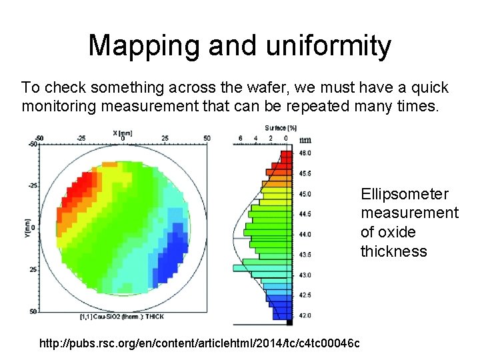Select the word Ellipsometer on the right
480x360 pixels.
tap(405, 194)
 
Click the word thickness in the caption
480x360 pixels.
tap(393, 251)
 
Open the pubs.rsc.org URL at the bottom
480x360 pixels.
tap(200, 343)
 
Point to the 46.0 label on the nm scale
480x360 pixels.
tap(304, 153)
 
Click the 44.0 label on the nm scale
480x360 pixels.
tap(304, 235)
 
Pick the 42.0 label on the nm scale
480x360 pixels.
tap(304, 315)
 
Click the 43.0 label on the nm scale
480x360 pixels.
tap(304, 275)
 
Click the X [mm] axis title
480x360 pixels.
tap(122, 133)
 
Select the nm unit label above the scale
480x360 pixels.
tap(305, 140)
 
